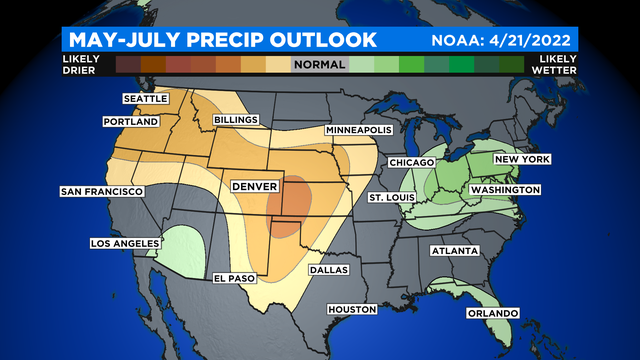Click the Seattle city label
click(147, 99)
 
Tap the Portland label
click(131, 121)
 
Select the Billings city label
click(237, 120)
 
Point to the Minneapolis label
click(360, 131)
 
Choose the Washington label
click(505, 189)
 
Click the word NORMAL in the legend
click(319, 63)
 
